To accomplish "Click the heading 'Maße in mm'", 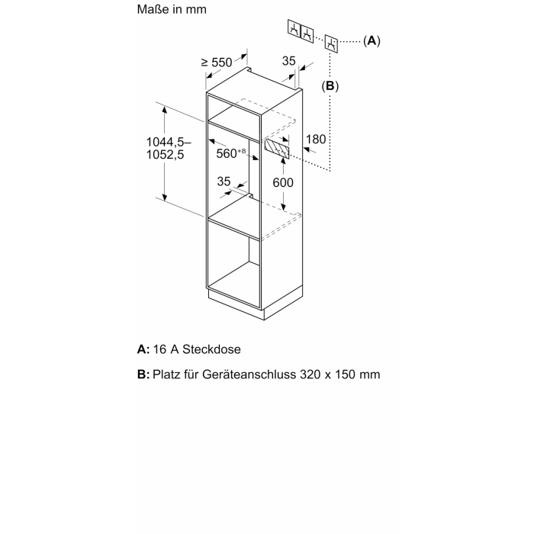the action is [172, 9].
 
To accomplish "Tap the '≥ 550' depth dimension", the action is [217, 63].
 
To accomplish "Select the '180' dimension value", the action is [316, 140].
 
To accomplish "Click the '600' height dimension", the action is [283, 182].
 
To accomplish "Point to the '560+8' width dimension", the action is [231, 153].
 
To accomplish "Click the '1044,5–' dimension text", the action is [169, 142].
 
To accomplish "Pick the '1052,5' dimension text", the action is [165, 155].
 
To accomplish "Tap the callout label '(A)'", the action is [372, 41].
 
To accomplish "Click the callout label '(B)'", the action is [330, 85].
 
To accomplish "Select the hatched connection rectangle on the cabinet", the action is [277, 149].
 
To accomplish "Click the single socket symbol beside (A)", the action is [331, 43].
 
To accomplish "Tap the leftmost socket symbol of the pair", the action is [294, 28].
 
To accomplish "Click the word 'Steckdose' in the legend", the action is [211, 349].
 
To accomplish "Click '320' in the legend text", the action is [310, 375].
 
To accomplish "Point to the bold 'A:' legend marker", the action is [143, 349].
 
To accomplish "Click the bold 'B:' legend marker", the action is [143, 375].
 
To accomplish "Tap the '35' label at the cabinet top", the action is [289, 61].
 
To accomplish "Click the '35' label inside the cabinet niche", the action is [224, 182].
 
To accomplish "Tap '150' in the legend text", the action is [346, 375].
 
